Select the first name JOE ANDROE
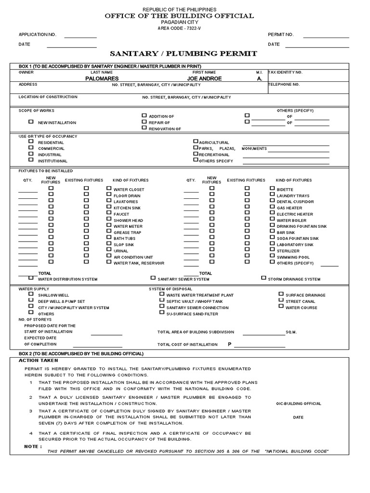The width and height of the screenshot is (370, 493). coord(204,78)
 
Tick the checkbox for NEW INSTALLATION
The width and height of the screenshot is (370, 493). coord(31,122)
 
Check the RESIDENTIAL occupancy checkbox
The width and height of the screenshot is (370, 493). coord(31,142)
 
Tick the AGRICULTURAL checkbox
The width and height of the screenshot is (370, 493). coord(196,142)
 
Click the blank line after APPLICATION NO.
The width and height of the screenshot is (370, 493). coord(80,38)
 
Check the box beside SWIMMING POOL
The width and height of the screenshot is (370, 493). coord(272,257)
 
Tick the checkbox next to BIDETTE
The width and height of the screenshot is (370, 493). coord(272,189)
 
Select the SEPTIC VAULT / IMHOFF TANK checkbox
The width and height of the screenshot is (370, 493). coord(162,300)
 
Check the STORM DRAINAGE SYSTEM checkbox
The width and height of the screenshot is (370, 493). coord(264,278)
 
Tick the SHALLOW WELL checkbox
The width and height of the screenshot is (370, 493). coord(31,294)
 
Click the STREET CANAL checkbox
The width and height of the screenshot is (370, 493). coord(281,300)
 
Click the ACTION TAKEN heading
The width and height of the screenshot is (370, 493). coord(39,360)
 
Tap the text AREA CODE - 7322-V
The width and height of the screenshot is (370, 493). coord(179,28)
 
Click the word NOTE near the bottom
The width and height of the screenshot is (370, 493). coord(33,446)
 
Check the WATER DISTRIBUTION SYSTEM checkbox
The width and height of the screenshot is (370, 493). coord(31,278)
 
